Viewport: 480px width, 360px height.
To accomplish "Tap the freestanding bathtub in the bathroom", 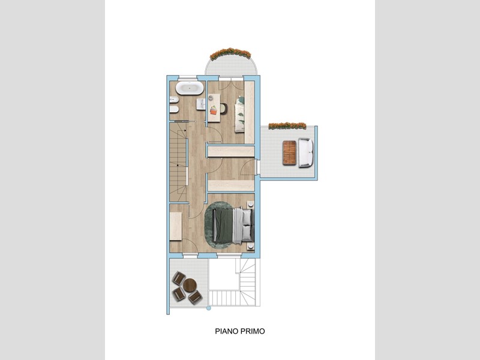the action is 190,88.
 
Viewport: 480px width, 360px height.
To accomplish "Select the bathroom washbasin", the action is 201,104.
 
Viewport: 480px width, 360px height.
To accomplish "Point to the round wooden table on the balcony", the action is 190,285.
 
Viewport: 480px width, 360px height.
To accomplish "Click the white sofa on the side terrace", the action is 306,153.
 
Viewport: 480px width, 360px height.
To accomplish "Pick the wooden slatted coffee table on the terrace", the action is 290,152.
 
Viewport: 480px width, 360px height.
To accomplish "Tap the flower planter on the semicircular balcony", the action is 230,53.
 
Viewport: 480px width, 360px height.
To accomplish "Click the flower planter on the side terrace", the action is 287,126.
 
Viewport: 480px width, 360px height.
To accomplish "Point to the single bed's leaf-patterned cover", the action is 239,114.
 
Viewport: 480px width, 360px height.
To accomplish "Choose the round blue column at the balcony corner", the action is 209,308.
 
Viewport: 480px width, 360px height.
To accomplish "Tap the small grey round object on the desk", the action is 211,98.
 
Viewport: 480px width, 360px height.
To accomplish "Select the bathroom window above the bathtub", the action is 188,77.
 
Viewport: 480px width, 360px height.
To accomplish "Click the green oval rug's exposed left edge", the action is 208,226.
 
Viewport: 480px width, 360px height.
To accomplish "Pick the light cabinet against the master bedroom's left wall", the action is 176,226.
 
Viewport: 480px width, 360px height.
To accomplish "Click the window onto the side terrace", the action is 257,167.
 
